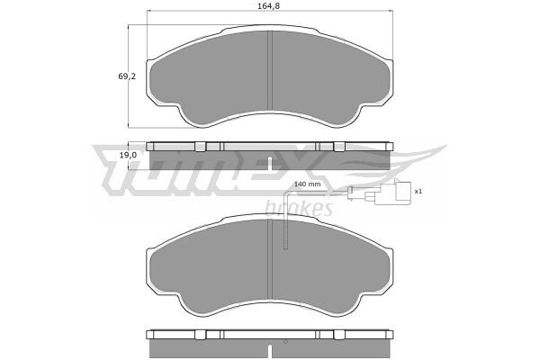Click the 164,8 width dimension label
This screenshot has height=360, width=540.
(x=268, y=6)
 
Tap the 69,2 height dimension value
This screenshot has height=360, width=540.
(x=127, y=76)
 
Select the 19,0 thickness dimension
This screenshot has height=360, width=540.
(x=128, y=156)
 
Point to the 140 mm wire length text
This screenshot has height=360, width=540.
(x=307, y=184)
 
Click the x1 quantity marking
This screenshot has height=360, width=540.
(x=418, y=191)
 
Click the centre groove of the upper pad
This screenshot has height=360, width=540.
(x=270, y=69)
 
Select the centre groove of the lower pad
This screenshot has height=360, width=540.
(x=270, y=259)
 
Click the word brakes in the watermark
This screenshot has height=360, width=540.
(x=299, y=208)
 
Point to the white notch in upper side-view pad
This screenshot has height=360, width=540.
(x=270, y=164)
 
